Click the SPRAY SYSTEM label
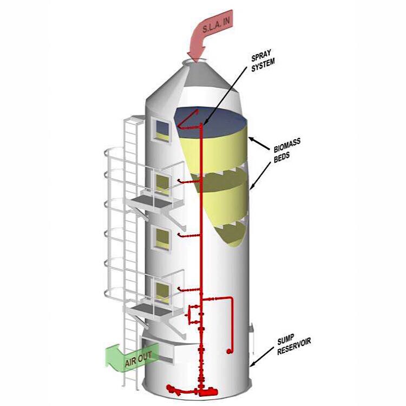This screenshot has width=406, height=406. pos(263,61)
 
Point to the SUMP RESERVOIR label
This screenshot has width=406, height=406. pos(293,344)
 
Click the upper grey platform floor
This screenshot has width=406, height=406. pos(151,200)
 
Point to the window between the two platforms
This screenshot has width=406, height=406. pos(162,238)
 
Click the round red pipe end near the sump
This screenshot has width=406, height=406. pos(228,351)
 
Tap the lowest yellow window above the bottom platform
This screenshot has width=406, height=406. pos(162,292)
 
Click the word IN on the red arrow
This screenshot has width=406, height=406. pos(226,21)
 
